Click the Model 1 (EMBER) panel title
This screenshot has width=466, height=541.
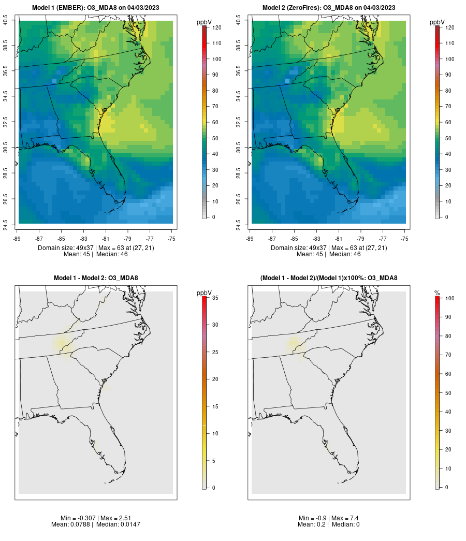click(96, 8)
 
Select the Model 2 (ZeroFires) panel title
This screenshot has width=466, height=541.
click(329, 8)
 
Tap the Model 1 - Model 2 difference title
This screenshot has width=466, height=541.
click(96, 277)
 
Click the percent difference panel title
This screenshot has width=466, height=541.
click(329, 277)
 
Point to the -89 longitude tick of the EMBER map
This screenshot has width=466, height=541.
click(17, 239)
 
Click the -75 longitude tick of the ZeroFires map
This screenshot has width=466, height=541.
click(404, 239)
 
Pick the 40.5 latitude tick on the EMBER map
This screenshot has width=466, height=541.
click(5, 20)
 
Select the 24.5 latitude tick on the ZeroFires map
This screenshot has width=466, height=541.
click(238, 225)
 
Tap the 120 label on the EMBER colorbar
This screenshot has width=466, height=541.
click(217, 27)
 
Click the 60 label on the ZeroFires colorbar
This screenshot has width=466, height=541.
click(448, 122)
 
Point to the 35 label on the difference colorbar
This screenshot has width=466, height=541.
click(215, 297)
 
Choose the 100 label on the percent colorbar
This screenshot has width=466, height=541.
click(450, 298)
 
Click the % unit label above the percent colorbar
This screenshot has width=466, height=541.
click(437, 293)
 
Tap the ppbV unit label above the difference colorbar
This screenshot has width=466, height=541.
click(204, 293)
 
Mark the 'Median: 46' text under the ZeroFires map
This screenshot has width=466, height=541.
click(345, 254)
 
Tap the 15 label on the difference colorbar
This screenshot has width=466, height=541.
click(215, 406)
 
